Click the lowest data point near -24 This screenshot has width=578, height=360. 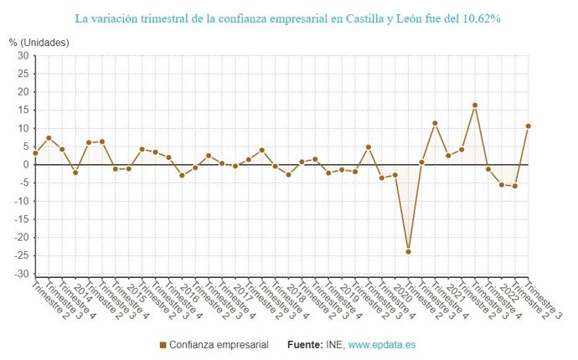(x=408, y=251)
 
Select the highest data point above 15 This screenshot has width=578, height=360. (x=475, y=105)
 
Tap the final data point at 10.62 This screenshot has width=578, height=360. (x=529, y=126)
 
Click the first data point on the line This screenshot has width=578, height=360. (x=35, y=153)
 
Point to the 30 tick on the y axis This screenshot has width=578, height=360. (x=23, y=56)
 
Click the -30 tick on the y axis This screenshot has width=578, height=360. (x=21, y=274)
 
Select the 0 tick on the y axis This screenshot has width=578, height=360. (x=25, y=165)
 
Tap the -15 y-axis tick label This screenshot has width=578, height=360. (x=21, y=219)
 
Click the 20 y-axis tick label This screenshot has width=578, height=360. (x=23, y=92)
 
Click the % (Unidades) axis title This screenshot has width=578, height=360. (x=39, y=42)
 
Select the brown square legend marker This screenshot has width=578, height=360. (x=163, y=344)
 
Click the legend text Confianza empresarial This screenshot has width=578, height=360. (x=219, y=344)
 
